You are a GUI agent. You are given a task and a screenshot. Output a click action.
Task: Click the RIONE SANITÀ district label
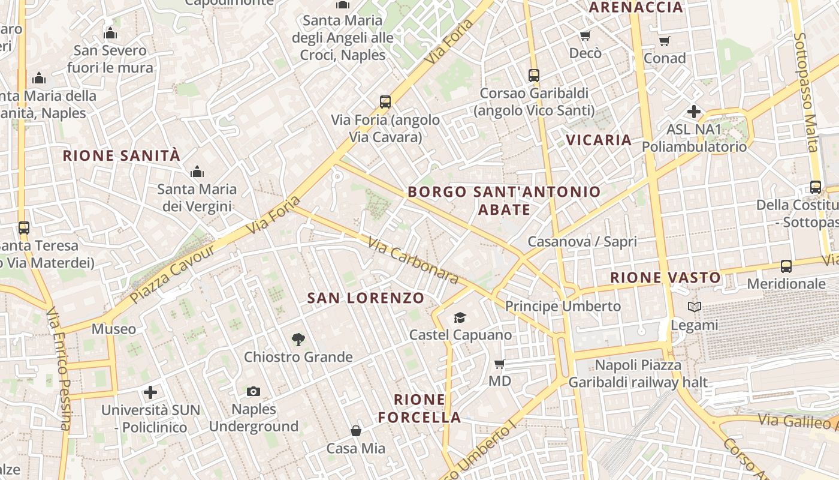point(122,156)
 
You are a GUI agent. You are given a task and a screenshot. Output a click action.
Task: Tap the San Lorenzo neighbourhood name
point(366,298)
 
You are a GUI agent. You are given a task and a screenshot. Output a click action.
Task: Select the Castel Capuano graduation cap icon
point(460,317)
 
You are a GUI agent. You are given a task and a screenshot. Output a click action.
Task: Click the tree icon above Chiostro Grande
point(298,340)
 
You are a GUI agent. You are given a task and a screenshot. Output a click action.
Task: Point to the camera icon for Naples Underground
point(253,392)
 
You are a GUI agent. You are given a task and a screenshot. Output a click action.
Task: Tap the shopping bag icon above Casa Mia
point(356,431)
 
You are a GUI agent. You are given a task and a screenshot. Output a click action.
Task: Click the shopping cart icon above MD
point(499,364)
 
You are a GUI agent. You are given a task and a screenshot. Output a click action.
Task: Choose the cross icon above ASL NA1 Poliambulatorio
point(694,112)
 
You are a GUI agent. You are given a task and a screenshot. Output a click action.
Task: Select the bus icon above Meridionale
point(786,266)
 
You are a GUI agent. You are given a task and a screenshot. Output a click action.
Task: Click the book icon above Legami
point(694,307)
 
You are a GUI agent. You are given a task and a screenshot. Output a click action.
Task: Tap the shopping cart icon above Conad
point(664,41)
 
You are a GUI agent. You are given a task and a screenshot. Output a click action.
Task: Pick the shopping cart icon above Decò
point(585,36)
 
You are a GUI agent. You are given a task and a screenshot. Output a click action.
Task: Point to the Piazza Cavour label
point(172,273)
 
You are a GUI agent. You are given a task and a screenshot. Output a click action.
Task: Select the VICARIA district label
point(599,140)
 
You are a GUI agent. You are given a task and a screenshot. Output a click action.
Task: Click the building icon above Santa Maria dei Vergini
point(197,172)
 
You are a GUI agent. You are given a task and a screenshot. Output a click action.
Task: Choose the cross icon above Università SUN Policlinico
point(150,392)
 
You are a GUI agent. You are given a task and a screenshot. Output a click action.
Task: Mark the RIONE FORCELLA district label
point(419,409)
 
